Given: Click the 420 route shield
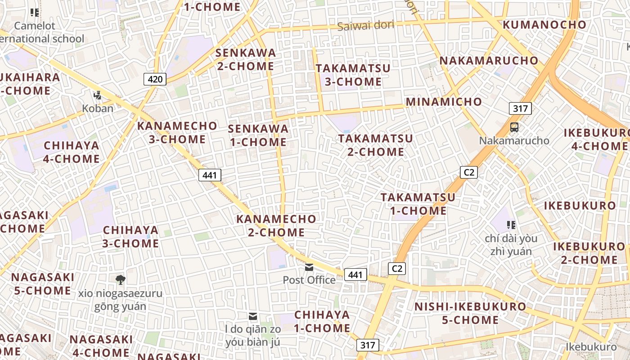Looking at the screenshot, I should (x=155, y=80).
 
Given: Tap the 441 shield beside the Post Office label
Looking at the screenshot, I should (x=355, y=274).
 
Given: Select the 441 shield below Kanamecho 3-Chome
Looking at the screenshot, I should (x=210, y=175).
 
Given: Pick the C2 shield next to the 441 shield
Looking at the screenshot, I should (x=396, y=269).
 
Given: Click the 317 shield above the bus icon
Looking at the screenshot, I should (x=520, y=108).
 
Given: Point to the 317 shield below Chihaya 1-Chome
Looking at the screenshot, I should (x=368, y=345).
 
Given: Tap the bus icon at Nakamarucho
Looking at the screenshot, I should (x=514, y=127).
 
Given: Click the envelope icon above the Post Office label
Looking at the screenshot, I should (x=309, y=267).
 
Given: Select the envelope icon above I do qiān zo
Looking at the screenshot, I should (x=253, y=316).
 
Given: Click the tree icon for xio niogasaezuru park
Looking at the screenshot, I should (x=120, y=280).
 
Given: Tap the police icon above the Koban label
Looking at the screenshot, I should (x=97, y=95).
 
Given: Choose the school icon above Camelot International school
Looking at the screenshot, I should (x=35, y=13).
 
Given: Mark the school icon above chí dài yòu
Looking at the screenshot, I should (x=511, y=225).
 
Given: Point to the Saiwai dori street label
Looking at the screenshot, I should (x=365, y=25).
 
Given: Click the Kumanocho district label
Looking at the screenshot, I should (x=544, y=25).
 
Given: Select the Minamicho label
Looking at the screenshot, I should (x=444, y=102).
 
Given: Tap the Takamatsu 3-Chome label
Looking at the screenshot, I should (x=353, y=75).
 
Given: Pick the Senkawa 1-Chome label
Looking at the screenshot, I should (x=258, y=135).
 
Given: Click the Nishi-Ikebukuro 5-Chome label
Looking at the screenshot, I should (x=470, y=313).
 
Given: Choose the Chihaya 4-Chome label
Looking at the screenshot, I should (x=72, y=152).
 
